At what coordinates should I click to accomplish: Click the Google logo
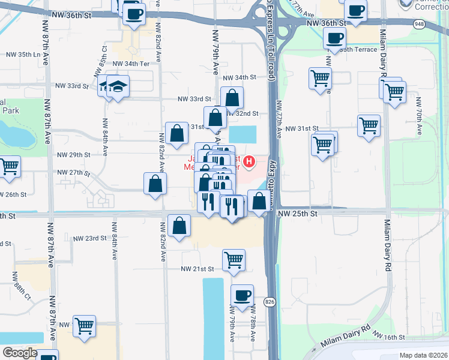pyautogui.click(x=19, y=353)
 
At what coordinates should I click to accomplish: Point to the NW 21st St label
pyautogui.click(x=197, y=269)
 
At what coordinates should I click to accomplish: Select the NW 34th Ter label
pyautogui.click(x=130, y=63)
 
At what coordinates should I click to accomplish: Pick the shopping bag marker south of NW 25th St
pyautogui.click(x=180, y=226)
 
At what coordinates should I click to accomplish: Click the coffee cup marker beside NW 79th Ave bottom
pyautogui.click(x=242, y=295)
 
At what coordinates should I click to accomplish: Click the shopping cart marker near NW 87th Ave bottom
pyautogui.click(x=84, y=326)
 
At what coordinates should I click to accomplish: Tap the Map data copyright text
pyautogui.click(x=423, y=355)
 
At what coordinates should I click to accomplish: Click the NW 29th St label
pyautogui.click(x=73, y=155)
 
